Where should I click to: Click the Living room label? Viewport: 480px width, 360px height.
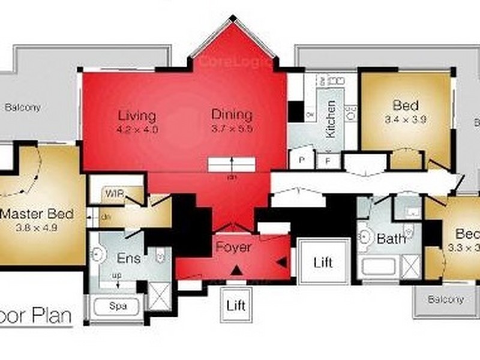(x=137, y=115)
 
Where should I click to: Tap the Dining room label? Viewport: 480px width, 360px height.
(x=232, y=115)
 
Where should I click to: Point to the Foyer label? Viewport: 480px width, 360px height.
(x=233, y=247)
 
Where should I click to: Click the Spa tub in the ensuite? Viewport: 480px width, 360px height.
(x=117, y=306)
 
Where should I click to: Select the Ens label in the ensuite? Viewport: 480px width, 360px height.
(x=128, y=259)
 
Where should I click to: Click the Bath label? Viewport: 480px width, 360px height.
(x=391, y=239)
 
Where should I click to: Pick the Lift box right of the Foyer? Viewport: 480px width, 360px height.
(x=323, y=262)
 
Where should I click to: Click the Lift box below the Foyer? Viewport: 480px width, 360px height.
(x=236, y=305)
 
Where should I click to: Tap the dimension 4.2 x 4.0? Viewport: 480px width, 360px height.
(x=137, y=128)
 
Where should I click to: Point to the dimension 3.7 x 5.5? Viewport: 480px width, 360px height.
(x=232, y=128)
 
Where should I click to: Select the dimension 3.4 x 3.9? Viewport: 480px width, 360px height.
(x=405, y=119)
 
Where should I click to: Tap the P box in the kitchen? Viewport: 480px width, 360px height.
(x=301, y=160)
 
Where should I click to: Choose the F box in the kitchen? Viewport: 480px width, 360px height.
(x=328, y=160)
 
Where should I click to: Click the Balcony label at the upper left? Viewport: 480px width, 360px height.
(x=23, y=108)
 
